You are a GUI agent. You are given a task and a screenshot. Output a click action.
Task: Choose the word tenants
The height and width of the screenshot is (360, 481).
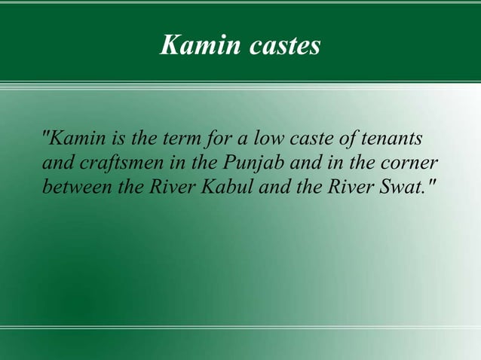click(394, 140)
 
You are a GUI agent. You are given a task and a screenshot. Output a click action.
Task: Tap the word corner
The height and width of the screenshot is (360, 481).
click(410, 163)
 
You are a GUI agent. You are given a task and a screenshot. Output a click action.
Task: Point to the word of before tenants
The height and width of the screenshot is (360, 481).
click(351, 140)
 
